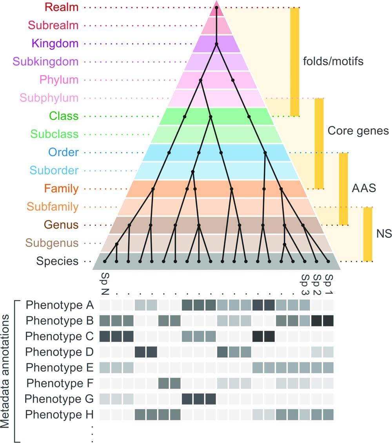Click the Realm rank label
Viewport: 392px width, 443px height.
pyautogui.click(x=62, y=7)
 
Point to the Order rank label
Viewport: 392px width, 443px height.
pyautogui.click(x=64, y=152)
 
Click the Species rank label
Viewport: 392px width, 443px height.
pyautogui.click(x=57, y=261)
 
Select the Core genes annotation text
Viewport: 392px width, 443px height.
pyautogui.click(x=358, y=130)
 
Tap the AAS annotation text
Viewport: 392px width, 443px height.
pyautogui.click(x=364, y=188)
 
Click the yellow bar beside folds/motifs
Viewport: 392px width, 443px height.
pyautogui.click(x=294, y=61)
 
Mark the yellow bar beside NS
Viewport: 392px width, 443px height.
pyautogui.click(x=367, y=234)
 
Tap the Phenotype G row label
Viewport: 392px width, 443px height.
pyautogui.click(x=59, y=399)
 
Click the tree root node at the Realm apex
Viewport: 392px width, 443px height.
pyautogui.click(x=216, y=7)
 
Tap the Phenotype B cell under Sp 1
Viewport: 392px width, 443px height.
pyautogui.click(x=328, y=321)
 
